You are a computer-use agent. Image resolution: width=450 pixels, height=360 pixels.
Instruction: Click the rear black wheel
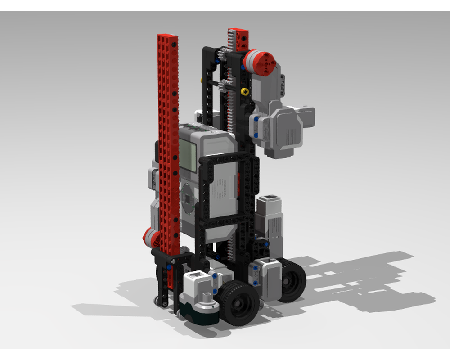290,279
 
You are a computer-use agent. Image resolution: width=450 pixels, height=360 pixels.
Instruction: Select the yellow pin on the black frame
245,92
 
